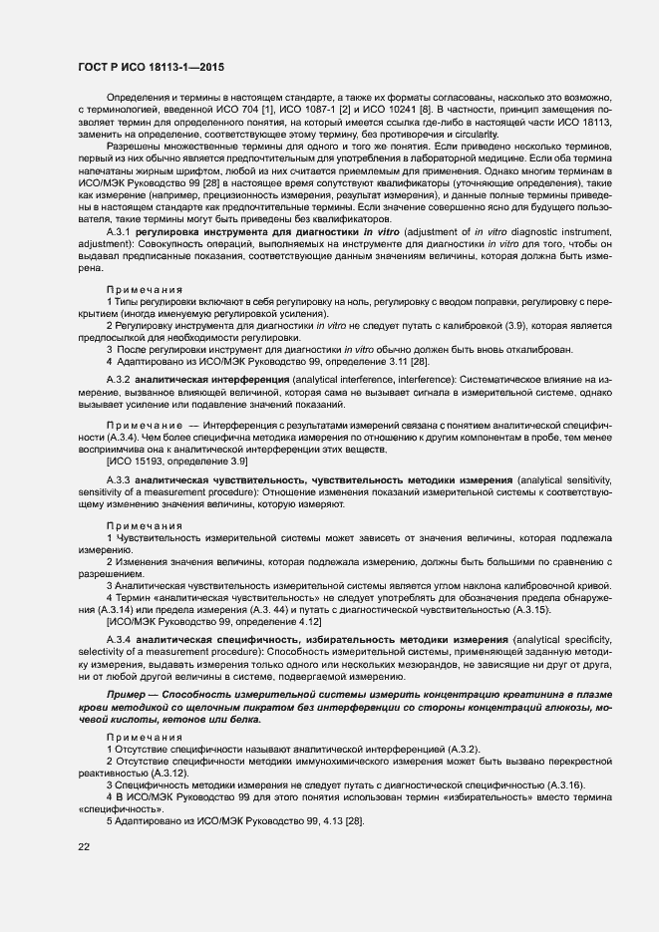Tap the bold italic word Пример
(127, 691)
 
